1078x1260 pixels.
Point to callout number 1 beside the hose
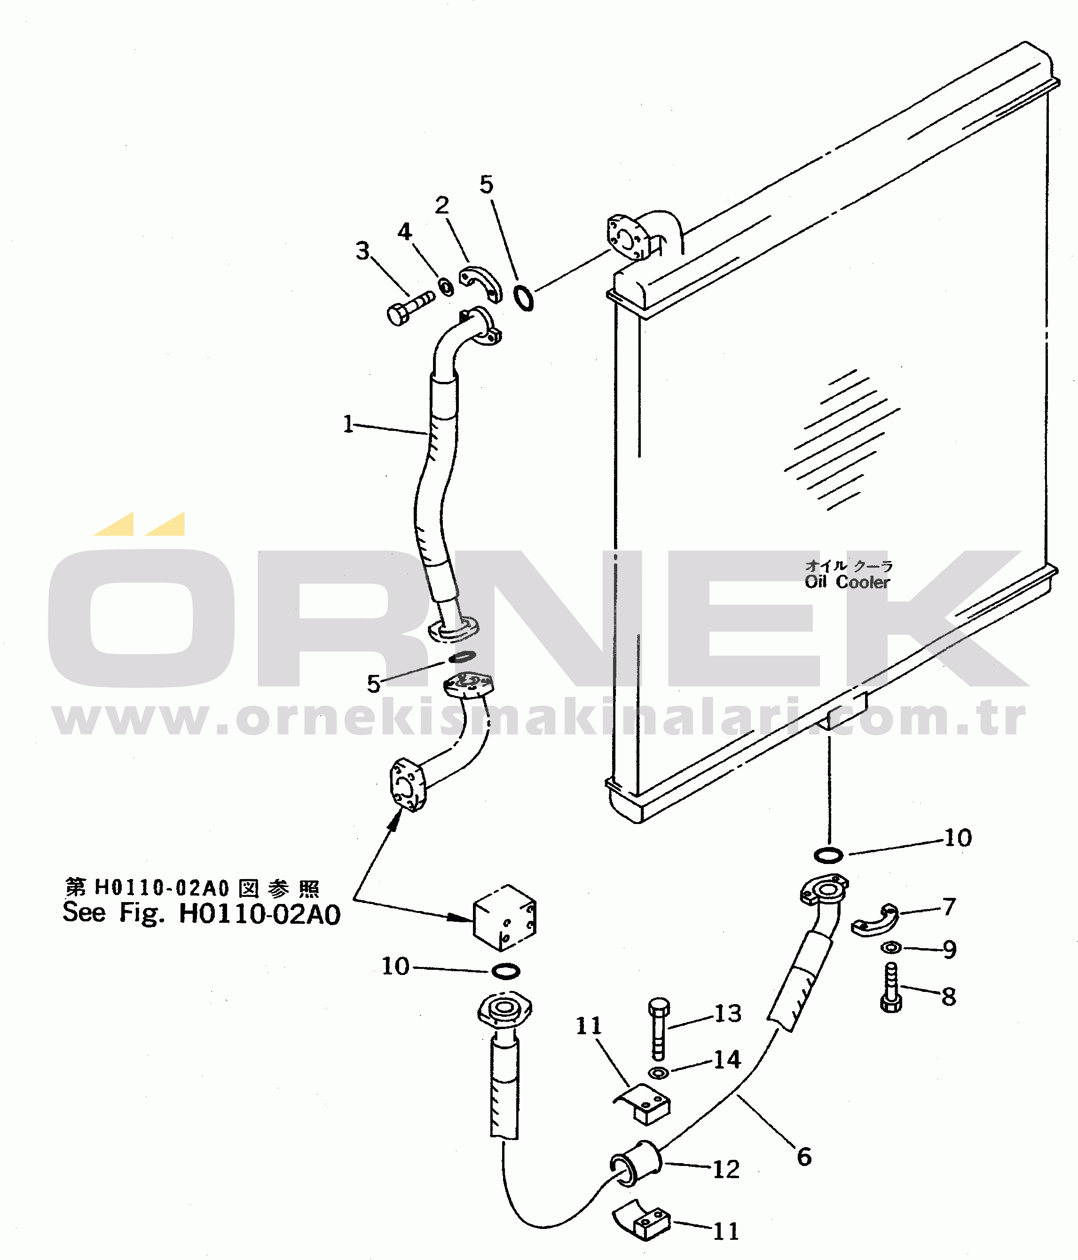348,424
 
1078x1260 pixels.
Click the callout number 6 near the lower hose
804,1157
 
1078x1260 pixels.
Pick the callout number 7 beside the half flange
949,907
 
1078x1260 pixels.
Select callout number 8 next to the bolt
949,997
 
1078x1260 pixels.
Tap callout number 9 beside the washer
950,949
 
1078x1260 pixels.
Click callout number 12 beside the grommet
726,1169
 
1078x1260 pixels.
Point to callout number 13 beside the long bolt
728,1014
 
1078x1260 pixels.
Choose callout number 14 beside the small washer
727,1060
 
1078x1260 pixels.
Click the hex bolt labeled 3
411,308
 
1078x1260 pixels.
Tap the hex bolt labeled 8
891,987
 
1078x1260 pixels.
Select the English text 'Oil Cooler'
847,582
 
